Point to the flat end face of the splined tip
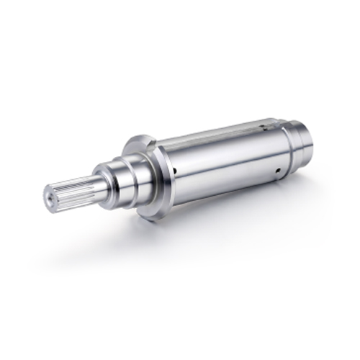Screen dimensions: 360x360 [x=50, y=196]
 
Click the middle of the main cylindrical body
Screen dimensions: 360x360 [x=223, y=162]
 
